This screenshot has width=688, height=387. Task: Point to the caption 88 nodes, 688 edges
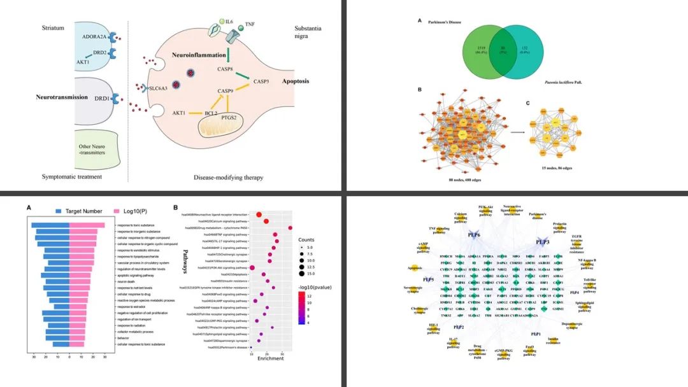click(466, 181)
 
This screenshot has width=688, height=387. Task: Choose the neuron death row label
click(125, 280)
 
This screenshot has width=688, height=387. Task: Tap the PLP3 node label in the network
click(543, 242)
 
